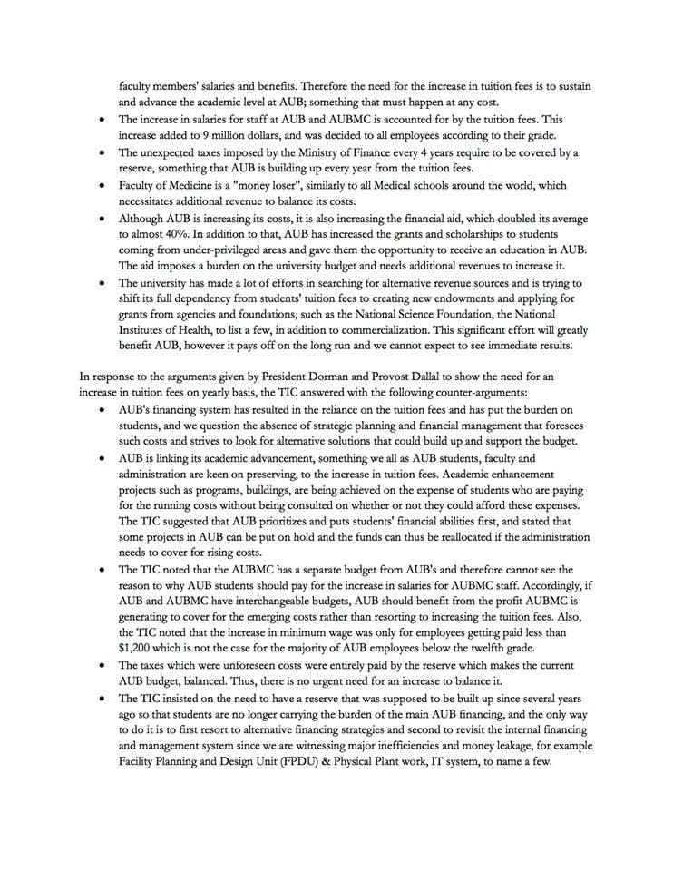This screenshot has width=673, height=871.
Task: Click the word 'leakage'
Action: tap(518, 746)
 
